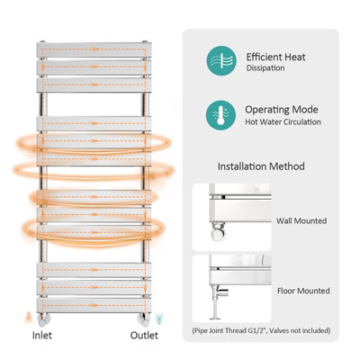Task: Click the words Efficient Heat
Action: pyautogui.click(x=275, y=57)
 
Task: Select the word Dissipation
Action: pyautogui.click(x=266, y=68)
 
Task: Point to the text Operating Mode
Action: pyautogui.click(x=281, y=109)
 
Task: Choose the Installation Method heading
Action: pyautogui.click(x=261, y=166)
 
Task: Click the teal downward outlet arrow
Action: pyautogui.click(x=157, y=317)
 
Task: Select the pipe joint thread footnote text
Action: pyautogui.click(x=261, y=330)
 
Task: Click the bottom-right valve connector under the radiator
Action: pyautogui.click(x=142, y=316)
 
